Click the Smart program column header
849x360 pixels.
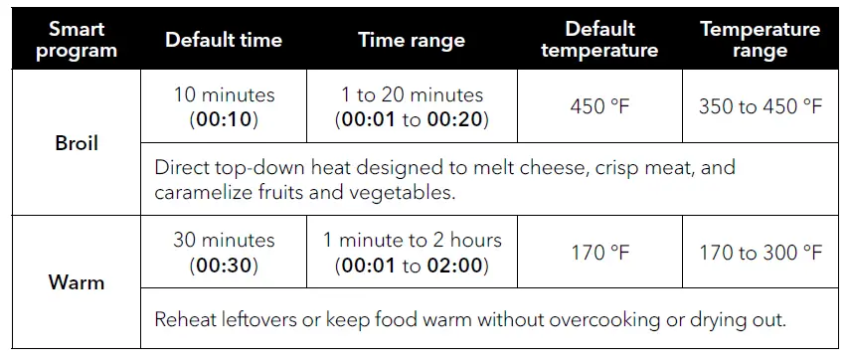[x=77, y=40]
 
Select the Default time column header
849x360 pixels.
[x=224, y=40]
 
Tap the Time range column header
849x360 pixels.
[x=412, y=40]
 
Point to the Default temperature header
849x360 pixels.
[x=599, y=40]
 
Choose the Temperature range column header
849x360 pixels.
[x=761, y=40]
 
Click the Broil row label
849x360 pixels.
[x=77, y=143]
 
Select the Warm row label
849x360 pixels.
[x=77, y=282]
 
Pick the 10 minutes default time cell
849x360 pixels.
[x=224, y=107]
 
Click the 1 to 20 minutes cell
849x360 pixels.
[x=412, y=107]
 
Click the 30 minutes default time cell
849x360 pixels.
[x=224, y=253]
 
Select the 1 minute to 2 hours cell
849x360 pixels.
[x=412, y=253]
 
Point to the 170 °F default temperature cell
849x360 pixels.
[x=599, y=254]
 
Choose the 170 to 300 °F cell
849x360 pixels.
[x=761, y=254]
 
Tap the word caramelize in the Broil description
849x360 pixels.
[x=204, y=192]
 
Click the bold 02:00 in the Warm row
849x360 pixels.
[x=458, y=266]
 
